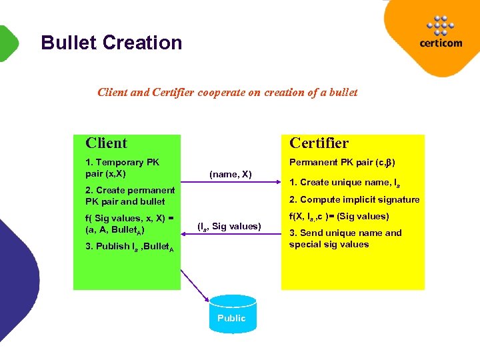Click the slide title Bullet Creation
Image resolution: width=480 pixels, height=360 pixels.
pyautogui.click(x=111, y=43)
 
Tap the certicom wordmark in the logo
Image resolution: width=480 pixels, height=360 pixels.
pyautogui.click(x=441, y=44)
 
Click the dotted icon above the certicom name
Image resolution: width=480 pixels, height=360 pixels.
pyautogui.click(x=441, y=25)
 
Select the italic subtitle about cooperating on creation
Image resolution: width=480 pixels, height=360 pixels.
pyautogui.click(x=227, y=92)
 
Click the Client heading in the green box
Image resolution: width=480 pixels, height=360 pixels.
pyautogui.click(x=107, y=143)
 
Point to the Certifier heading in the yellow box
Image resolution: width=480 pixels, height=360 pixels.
pyautogui.click(x=319, y=143)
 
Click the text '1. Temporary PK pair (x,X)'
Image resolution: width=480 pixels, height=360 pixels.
pyautogui.click(x=123, y=167)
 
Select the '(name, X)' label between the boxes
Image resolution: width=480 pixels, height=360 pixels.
pyautogui.click(x=230, y=174)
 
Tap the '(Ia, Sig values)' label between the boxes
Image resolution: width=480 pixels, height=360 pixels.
pyautogui.click(x=229, y=227)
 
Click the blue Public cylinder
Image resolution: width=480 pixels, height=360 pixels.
pyautogui.click(x=231, y=312)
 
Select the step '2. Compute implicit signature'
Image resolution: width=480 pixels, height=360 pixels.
pyautogui.click(x=354, y=199)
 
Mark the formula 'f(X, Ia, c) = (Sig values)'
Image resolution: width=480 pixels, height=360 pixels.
pyautogui.click(x=339, y=216)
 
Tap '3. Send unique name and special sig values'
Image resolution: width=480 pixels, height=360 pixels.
pyautogui.click(x=345, y=238)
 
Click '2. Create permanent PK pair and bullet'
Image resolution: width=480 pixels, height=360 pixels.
pyautogui.click(x=130, y=195)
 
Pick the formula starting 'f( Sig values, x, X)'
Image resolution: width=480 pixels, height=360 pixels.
pyautogui.click(x=129, y=223)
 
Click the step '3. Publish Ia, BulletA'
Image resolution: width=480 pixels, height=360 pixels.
pyautogui.click(x=129, y=247)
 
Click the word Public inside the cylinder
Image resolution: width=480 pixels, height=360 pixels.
pyautogui.click(x=231, y=318)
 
